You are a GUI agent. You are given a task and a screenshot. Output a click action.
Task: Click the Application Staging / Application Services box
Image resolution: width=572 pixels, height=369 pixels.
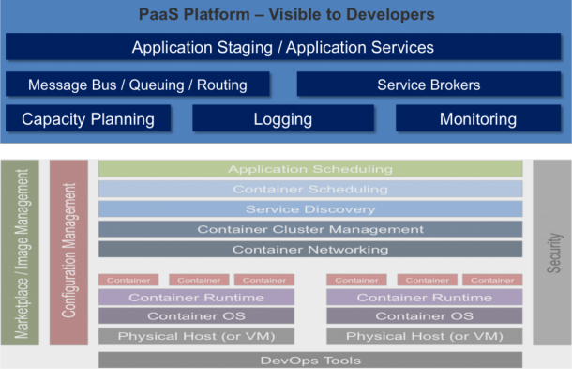tap(282, 48)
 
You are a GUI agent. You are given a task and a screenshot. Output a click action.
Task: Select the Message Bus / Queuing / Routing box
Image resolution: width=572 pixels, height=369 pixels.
tap(137, 85)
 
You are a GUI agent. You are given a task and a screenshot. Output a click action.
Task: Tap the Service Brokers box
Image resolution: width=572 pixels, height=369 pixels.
tap(429, 85)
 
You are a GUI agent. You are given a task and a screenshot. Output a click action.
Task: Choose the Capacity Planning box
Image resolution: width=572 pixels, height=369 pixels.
tap(88, 119)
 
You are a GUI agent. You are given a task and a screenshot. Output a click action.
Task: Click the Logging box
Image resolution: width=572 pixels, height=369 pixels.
tap(282, 119)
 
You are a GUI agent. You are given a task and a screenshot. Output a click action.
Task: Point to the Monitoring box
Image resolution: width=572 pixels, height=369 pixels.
tap(477, 119)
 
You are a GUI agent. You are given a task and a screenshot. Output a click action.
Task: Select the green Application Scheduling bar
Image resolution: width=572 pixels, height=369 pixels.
tap(310, 169)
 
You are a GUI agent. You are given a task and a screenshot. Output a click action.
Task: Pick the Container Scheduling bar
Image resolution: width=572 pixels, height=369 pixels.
tap(310, 189)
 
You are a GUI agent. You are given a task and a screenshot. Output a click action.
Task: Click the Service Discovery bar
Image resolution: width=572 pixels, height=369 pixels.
tap(310, 209)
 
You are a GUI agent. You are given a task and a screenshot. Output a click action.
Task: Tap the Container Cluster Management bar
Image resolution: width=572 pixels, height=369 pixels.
tap(310, 229)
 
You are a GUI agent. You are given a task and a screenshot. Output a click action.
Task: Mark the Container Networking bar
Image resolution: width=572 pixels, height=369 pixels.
tap(310, 250)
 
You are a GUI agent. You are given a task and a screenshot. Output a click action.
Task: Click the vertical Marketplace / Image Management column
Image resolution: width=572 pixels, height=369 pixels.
tap(22, 254)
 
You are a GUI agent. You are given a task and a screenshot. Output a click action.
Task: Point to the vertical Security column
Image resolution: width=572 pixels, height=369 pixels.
tap(552, 254)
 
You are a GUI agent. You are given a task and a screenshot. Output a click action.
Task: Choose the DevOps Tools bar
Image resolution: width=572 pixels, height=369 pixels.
tap(310, 360)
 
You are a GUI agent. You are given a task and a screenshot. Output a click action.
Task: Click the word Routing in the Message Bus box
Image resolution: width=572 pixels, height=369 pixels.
tap(221, 85)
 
